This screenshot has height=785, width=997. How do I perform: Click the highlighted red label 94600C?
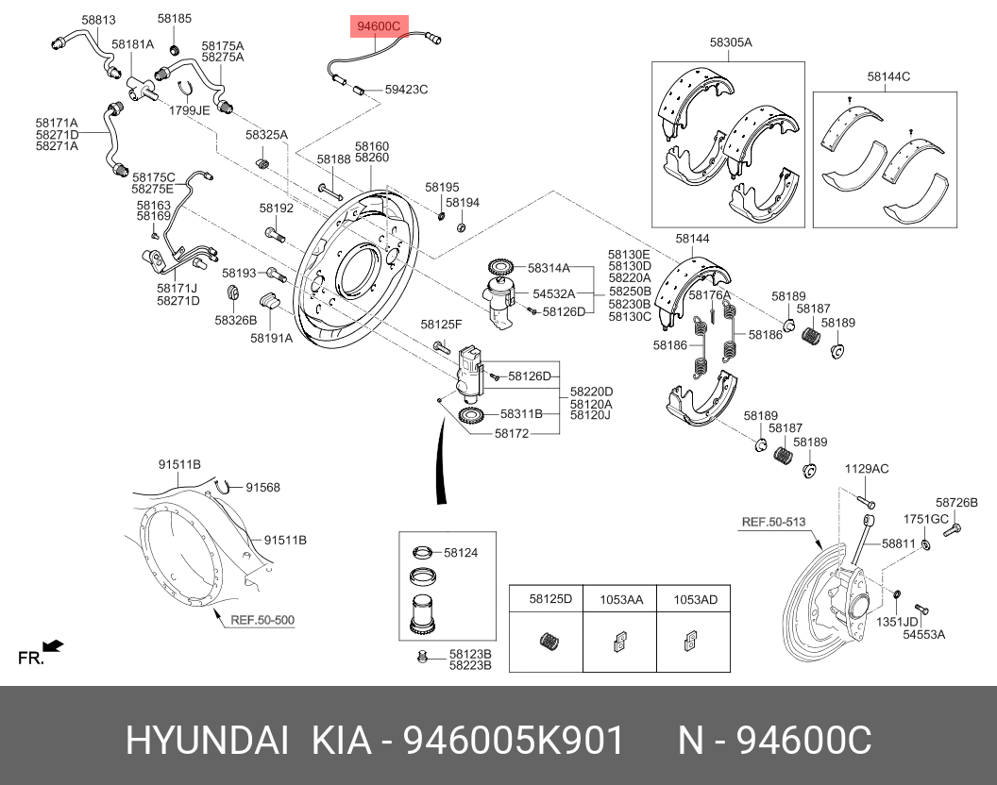click(x=377, y=26)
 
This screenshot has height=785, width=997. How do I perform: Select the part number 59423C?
click(x=406, y=90)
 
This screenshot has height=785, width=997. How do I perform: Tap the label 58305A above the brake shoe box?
click(x=731, y=42)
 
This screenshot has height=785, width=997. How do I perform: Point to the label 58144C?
click(x=888, y=76)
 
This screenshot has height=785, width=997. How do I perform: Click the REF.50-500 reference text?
click(x=262, y=620)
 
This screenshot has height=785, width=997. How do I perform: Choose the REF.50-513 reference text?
click(x=773, y=521)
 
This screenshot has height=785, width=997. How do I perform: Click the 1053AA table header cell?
click(x=621, y=599)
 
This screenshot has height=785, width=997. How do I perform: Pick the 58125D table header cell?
click(x=550, y=599)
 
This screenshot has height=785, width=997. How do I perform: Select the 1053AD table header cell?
click(x=694, y=599)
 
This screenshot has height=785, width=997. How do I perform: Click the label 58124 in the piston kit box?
click(x=461, y=553)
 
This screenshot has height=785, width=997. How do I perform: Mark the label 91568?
click(x=262, y=487)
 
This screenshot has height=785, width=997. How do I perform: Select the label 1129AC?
click(x=866, y=469)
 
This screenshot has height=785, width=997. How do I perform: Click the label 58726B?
click(x=956, y=503)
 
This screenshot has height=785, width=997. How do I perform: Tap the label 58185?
click(x=174, y=19)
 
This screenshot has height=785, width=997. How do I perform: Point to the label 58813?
click(x=98, y=19)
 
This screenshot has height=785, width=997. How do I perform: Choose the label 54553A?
click(x=923, y=635)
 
